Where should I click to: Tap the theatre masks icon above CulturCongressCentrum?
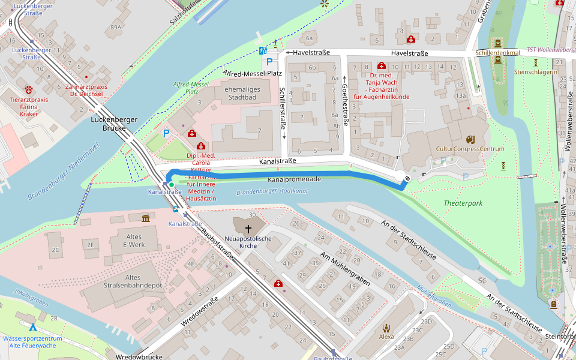coord(470,138)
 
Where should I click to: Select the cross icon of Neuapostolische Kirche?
coord(248,229)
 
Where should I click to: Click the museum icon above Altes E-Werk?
coord(146,218)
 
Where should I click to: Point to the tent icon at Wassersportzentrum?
coord(33,328)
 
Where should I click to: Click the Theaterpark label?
coord(463,203)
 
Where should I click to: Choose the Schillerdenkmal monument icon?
coord(497,43)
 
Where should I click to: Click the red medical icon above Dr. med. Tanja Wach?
coord(381,65)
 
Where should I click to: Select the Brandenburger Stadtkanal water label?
coord(272,192)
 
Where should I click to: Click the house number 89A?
coord(116,27)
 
